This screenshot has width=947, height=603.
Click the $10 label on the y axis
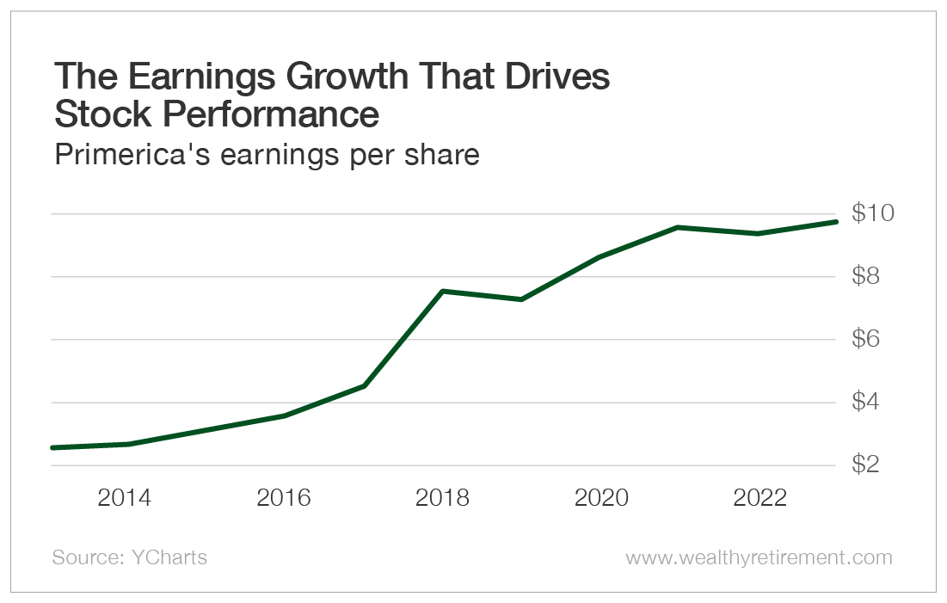click(874, 213)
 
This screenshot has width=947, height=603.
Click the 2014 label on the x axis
click(126, 498)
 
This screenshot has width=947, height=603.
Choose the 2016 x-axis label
click(284, 498)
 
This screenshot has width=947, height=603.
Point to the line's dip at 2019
click(520, 299)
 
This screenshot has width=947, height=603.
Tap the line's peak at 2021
click(678, 227)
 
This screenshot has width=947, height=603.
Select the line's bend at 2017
click(364, 386)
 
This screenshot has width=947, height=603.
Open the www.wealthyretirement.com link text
click(759, 557)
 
